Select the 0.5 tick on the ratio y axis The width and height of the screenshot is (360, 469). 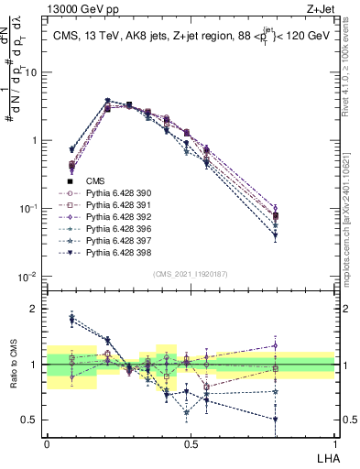(x=33, y=420)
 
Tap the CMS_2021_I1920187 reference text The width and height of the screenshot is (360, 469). (x=191, y=273)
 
